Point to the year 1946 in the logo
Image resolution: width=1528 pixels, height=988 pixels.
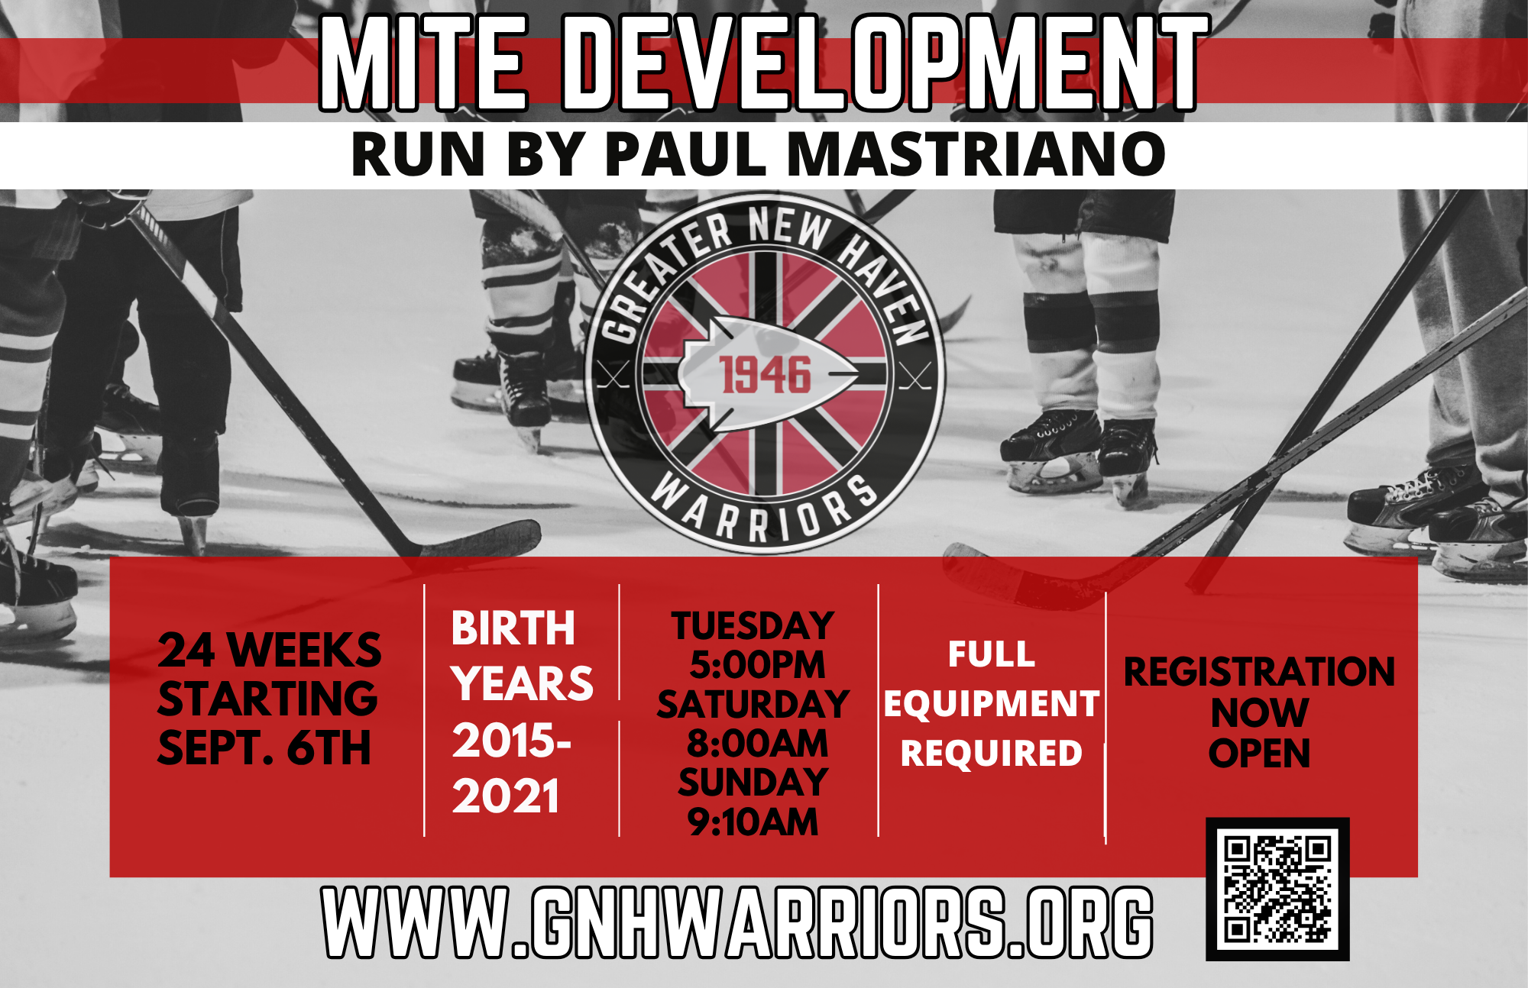coord(765,375)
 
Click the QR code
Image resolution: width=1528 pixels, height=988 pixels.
coord(1277,889)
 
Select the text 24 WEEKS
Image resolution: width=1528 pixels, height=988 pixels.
coord(270,651)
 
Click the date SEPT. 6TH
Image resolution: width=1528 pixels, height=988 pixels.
coord(264,747)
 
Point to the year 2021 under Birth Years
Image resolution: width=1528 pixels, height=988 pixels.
coord(506,796)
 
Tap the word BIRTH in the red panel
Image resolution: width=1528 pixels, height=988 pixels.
coord(513,628)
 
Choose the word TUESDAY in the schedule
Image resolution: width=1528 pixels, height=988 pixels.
coord(753,626)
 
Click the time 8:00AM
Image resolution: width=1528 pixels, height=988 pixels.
coord(757,744)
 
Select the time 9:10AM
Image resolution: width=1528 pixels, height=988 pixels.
coord(753,822)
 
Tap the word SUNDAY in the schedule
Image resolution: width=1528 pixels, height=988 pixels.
coord(753,783)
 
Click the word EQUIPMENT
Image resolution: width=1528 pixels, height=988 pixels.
coord(992,704)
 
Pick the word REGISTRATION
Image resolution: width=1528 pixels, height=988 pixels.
coord(1260,673)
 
